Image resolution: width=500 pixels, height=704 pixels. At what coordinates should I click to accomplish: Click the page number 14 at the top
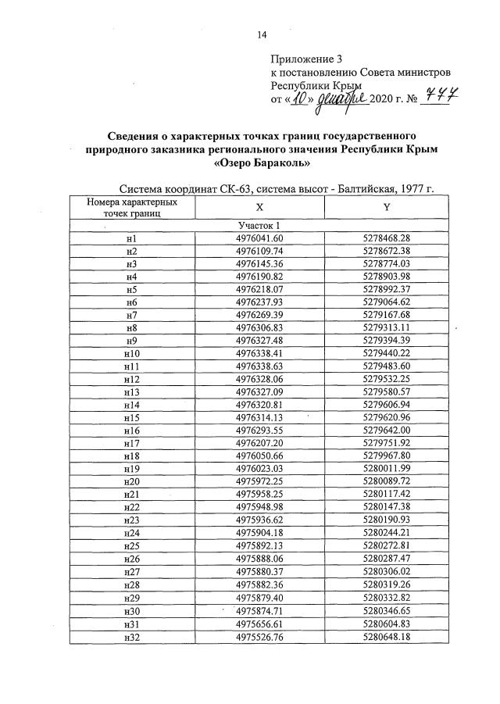coord(262,34)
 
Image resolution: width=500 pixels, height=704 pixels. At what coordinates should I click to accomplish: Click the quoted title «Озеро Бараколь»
coord(262,163)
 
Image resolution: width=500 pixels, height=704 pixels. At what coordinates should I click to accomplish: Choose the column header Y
coord(386,207)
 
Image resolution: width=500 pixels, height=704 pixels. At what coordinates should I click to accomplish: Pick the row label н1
coord(130,238)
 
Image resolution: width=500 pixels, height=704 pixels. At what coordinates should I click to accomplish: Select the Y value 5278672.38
coord(386,251)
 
